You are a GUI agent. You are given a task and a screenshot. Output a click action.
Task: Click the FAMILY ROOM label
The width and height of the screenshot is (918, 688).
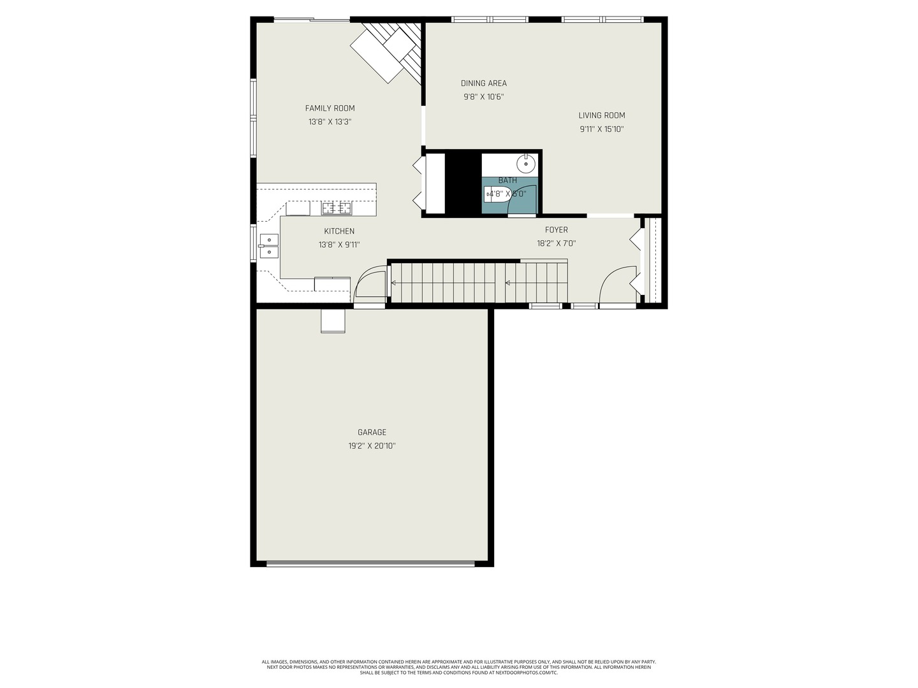pos(330,108)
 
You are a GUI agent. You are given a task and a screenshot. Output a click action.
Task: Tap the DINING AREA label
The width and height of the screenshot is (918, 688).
pos(483,83)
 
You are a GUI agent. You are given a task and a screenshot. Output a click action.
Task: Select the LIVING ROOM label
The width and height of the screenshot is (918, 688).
pos(601,115)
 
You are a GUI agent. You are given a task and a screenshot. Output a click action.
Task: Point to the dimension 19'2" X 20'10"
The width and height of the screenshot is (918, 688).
pos(372,446)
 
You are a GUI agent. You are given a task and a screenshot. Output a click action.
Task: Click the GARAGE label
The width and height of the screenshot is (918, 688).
pos(372,433)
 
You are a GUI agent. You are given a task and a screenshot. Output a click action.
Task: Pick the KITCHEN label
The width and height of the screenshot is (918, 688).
pos(339,231)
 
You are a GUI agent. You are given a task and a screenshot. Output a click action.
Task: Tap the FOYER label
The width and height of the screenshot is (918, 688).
pos(556,230)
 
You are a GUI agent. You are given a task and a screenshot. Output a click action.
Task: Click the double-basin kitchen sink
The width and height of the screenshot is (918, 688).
pos(268,246)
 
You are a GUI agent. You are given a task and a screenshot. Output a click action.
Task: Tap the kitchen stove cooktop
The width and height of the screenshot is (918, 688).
pos(336,208)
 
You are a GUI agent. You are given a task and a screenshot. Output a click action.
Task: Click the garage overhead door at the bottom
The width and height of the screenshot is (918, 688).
pos(370,563)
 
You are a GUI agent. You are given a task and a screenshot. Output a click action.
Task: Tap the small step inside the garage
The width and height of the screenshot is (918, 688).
pos(333,321)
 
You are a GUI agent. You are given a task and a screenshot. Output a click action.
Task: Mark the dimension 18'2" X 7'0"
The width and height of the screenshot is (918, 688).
pos(556,243)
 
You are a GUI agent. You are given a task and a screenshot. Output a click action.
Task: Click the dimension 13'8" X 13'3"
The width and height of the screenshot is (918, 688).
pos(330,122)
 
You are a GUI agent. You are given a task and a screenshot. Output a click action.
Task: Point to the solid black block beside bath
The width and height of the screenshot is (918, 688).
pos(463,183)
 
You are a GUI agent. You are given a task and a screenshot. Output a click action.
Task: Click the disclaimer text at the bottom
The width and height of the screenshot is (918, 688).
pos(458,667)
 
